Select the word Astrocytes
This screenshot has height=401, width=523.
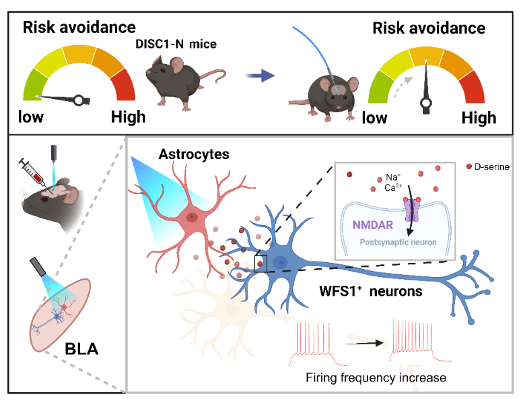194,154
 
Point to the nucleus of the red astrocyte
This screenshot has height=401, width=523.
193,217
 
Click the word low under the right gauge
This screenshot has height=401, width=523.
375,118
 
